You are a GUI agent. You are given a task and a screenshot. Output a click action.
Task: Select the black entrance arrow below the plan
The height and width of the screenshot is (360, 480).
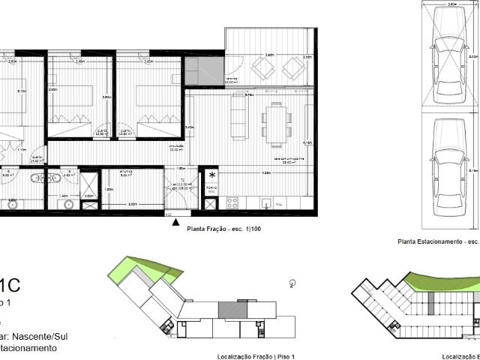click(175, 222)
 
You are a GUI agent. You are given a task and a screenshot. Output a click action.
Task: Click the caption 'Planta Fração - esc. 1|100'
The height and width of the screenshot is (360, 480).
click(219, 229)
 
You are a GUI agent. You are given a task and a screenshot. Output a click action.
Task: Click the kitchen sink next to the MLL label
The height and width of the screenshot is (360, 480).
click(264, 202)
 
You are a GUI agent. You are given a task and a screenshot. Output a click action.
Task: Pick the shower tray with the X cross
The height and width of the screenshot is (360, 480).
click(89, 184)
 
